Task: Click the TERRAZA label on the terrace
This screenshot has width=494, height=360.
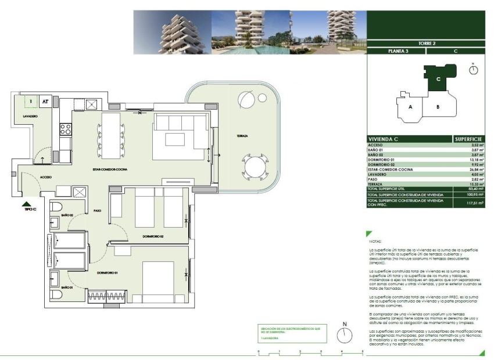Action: point(242,136)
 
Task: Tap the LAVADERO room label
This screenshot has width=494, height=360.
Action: point(31,117)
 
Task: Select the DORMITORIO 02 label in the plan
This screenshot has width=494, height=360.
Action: point(154,237)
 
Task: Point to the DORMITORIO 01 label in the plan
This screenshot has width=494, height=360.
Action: point(108,273)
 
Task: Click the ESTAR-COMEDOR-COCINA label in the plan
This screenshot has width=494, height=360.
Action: point(109,169)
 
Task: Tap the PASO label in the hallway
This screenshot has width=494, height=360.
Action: point(97,211)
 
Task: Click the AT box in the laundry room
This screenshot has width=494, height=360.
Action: point(45,102)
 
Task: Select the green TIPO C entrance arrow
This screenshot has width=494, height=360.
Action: point(26,203)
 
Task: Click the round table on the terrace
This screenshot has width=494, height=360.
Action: point(255,167)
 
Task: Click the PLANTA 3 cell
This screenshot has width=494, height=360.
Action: point(398,51)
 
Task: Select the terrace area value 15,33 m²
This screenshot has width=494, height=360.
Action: point(475,184)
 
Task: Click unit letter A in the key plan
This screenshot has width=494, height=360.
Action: point(410,107)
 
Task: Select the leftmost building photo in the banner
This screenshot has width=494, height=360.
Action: point(172,32)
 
